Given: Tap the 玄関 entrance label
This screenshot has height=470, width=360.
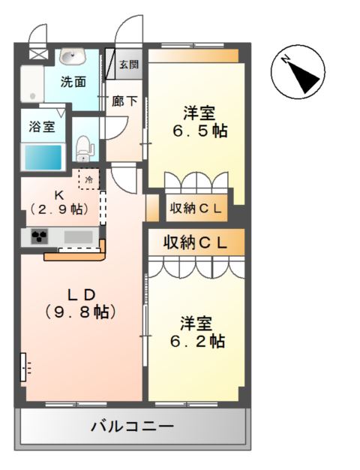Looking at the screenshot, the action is pyautogui.click(x=129, y=65).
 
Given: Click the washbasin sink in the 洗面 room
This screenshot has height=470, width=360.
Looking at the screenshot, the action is pyautogui.click(x=73, y=56).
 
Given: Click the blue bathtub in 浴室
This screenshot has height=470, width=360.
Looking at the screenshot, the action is pyautogui.click(x=43, y=157).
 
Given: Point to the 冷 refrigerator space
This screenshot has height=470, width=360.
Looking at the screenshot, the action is pyautogui.click(x=89, y=179).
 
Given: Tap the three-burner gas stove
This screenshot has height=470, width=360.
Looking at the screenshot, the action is pyautogui.click(x=40, y=237).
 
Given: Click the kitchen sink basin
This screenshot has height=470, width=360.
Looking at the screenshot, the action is pyautogui.click(x=79, y=237).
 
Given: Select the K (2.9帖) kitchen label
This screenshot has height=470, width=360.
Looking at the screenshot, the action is pyautogui.click(x=59, y=202).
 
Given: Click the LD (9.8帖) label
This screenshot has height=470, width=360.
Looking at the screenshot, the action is pyautogui.click(x=80, y=303).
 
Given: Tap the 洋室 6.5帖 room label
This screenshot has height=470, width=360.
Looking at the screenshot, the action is pyautogui.click(x=199, y=122).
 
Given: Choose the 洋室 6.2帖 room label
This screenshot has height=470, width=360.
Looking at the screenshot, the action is pyautogui.click(x=197, y=332).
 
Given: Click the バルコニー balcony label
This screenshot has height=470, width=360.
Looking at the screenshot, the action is pyautogui.click(x=132, y=426).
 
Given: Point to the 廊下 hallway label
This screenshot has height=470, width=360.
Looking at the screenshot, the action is pyautogui.click(x=124, y=101).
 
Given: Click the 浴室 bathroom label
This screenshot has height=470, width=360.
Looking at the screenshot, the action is pyautogui.click(x=42, y=127).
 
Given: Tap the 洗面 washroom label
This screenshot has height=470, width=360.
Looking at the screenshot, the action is pyautogui.click(x=73, y=82).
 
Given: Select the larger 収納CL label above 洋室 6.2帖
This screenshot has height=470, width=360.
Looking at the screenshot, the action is pyautogui.click(x=195, y=243).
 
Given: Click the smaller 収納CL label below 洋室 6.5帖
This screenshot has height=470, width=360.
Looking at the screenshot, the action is pyautogui.click(x=196, y=208).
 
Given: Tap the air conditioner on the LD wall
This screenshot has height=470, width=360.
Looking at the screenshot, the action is pyautogui.click(x=23, y=367).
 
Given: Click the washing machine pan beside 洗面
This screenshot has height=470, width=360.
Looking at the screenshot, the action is pyautogui.click(x=32, y=84).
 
